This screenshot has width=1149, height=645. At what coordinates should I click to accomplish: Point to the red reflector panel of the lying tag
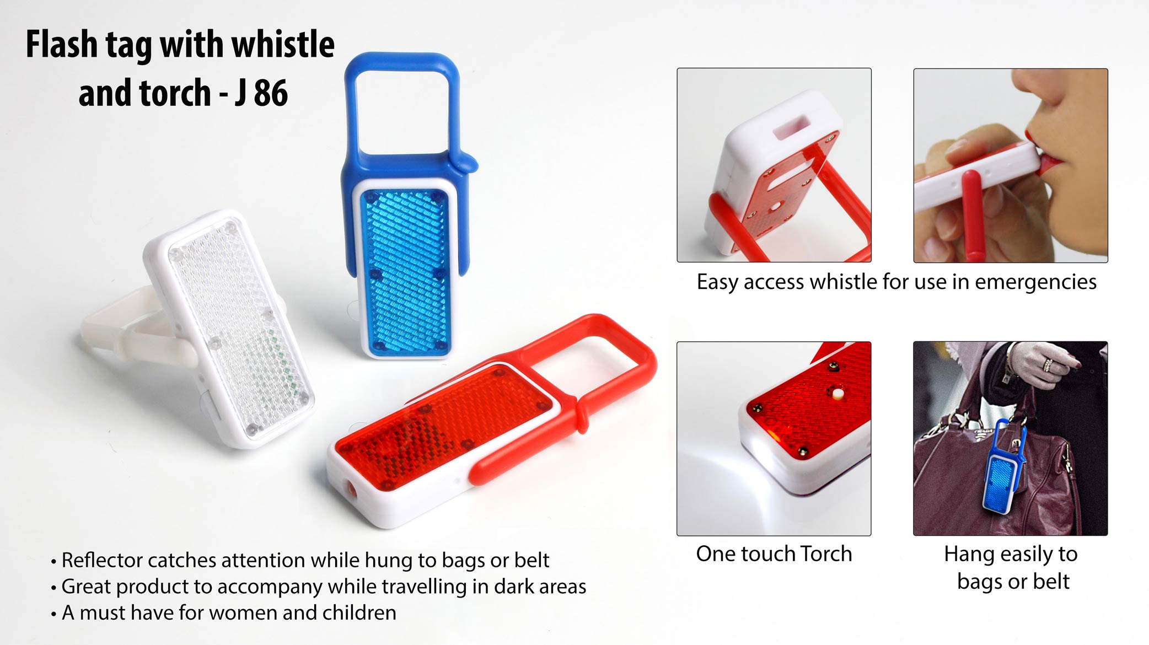point(441,424)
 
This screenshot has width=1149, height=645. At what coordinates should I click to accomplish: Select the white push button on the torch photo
point(838,394)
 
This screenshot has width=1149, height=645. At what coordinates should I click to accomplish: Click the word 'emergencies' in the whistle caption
point(1035,282)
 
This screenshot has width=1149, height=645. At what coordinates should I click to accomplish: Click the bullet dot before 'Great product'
point(53,588)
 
